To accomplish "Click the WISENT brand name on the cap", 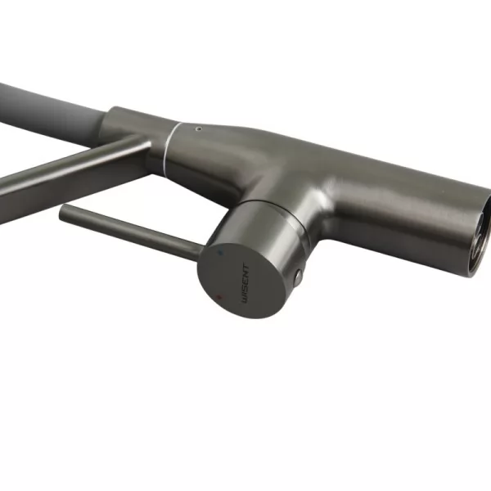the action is pos(245,284).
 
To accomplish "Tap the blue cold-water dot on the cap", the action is pos(222,252).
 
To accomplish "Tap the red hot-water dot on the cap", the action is pos(219,297).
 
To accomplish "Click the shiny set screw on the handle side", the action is pos(298,276).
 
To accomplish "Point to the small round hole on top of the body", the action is pos(198,129).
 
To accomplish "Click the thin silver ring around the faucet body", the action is pos(169,147).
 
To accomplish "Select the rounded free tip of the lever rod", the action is pos(61,210).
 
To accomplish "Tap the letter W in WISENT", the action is pos(245,300).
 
